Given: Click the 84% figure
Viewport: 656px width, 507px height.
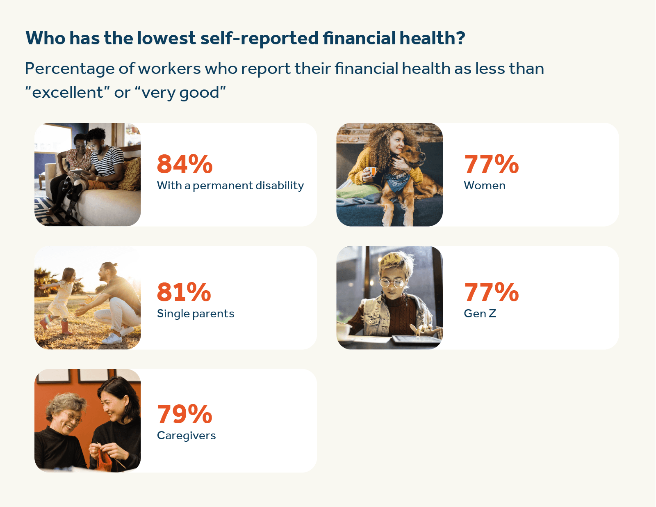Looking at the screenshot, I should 184,164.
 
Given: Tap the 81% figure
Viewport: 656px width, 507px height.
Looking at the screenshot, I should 184,292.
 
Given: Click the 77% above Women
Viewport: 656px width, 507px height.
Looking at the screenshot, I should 491,164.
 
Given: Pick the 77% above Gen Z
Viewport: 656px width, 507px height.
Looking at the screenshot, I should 491,292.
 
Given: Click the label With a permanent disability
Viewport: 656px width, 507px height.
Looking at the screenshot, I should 230,186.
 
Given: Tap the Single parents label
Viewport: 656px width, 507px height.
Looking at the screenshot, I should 196,314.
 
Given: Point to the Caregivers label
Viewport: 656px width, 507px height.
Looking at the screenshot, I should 186,436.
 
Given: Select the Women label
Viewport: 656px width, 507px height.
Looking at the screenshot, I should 484,186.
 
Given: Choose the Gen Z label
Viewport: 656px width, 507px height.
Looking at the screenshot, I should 480,314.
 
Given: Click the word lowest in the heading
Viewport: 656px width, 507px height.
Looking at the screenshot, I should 166,38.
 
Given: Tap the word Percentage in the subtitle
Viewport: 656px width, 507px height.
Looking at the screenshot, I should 69,69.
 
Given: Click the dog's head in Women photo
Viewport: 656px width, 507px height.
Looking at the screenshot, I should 412,156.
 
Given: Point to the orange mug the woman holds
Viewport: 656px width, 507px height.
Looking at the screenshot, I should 371,171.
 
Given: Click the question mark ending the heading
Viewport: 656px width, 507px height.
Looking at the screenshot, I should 460,38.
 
